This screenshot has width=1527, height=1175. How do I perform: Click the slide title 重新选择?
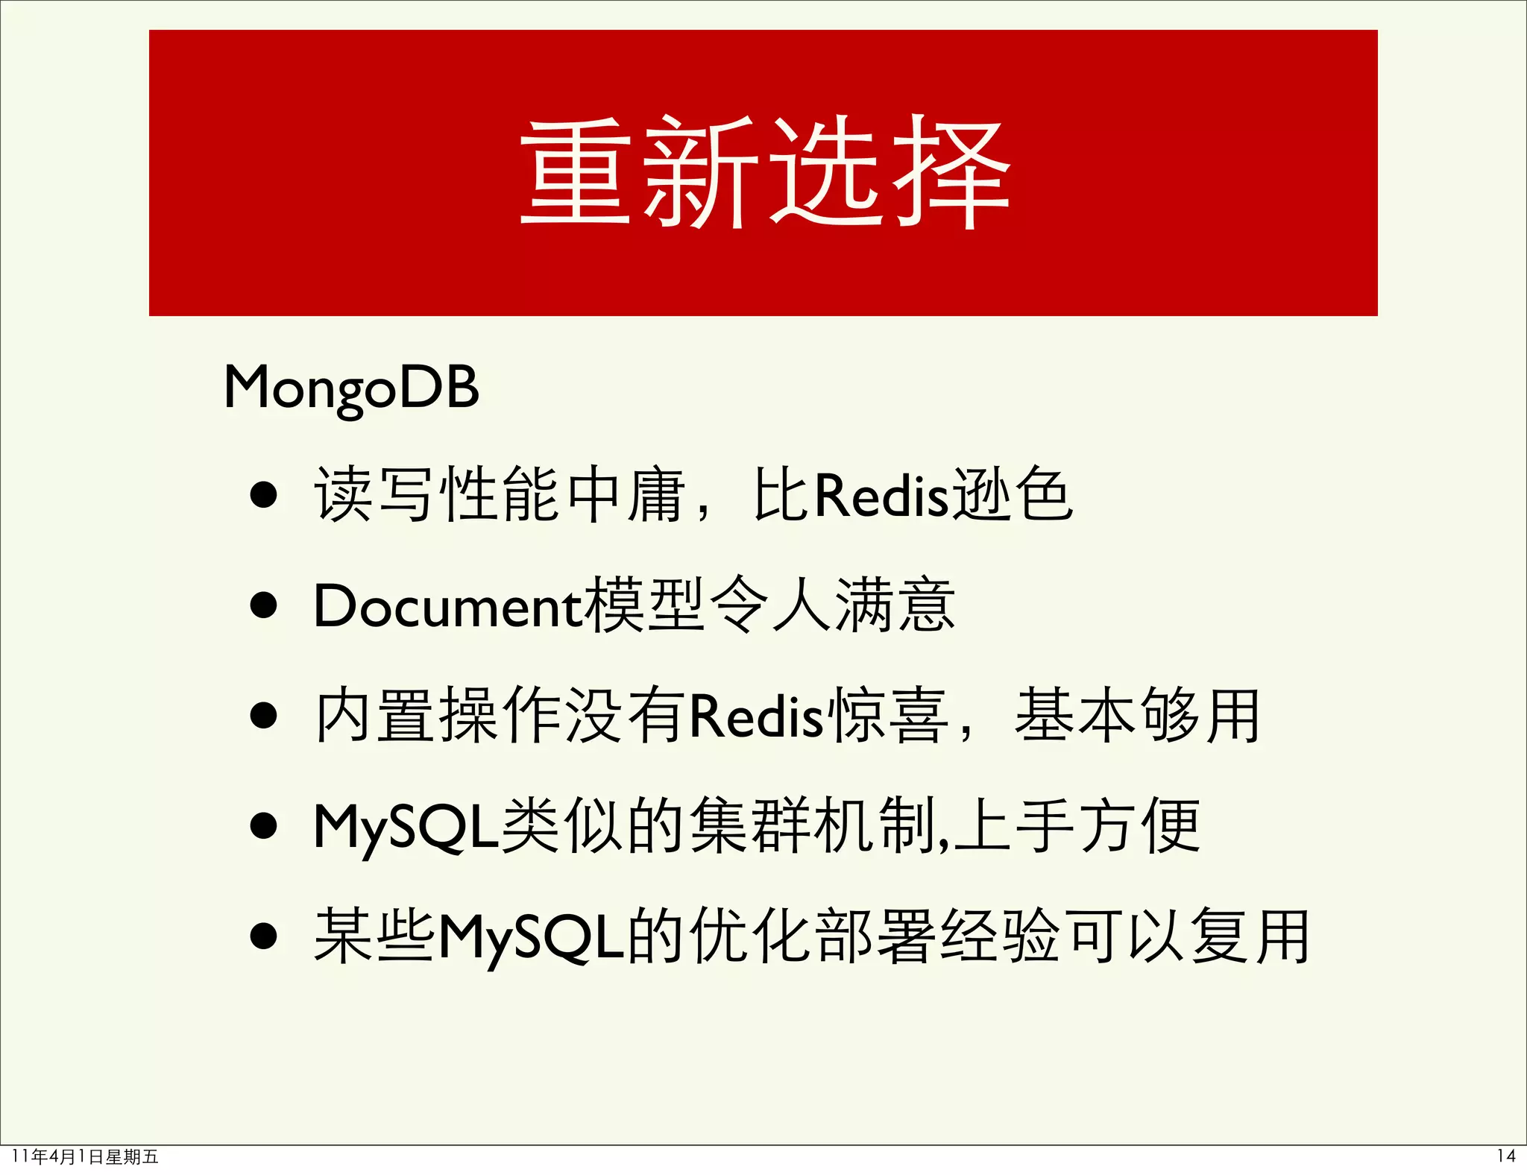(764, 173)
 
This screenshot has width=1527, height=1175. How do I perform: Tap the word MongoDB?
(351, 388)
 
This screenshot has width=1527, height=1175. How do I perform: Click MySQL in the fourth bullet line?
(406, 827)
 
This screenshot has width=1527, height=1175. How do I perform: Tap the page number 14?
(1505, 1156)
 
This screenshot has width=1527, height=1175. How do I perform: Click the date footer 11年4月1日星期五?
(86, 1157)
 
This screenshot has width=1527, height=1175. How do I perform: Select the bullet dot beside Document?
(264, 605)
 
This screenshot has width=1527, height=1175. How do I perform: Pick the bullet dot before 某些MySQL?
(264, 936)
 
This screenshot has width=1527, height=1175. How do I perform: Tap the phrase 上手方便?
(1077, 826)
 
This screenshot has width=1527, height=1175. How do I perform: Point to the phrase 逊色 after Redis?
(1013, 495)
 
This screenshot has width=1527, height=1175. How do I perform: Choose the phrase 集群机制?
(813, 826)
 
